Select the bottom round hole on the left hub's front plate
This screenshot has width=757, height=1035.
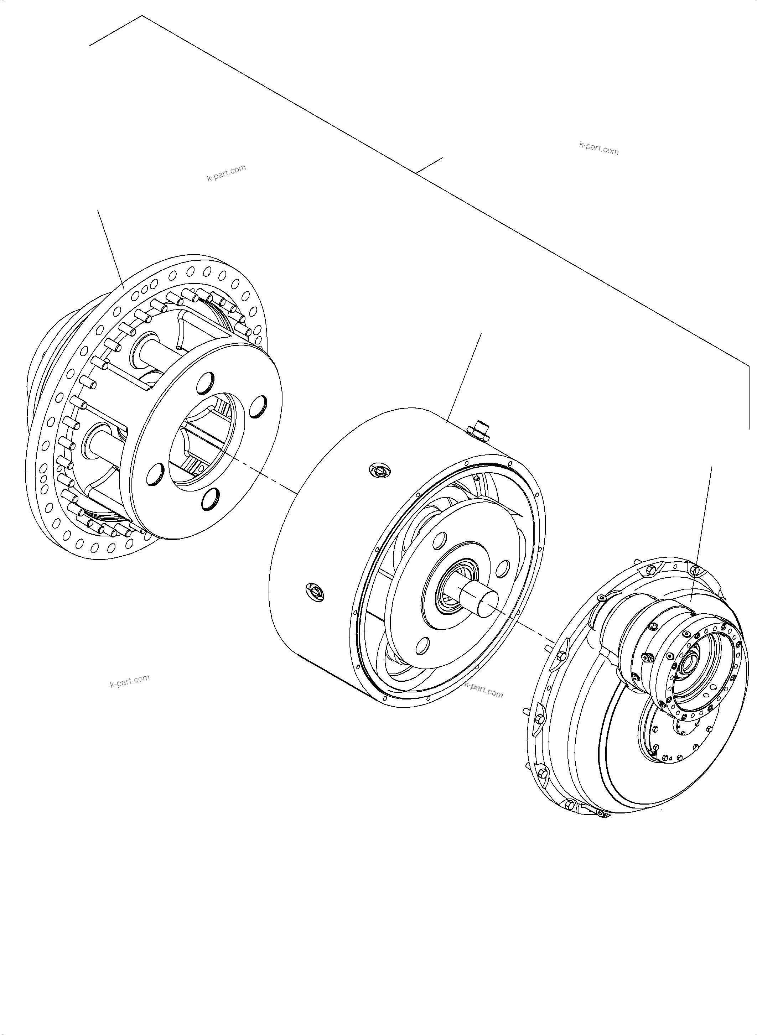pos(210,499)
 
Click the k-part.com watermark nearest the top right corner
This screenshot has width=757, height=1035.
pos(599,149)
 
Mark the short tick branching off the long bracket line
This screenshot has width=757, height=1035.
pos(429,165)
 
